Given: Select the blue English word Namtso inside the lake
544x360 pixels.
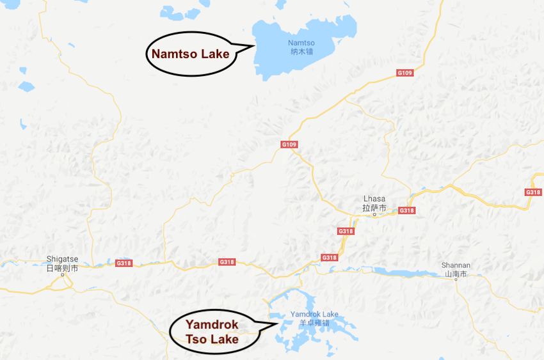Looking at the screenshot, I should pos(296,43).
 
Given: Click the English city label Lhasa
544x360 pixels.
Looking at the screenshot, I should pos(374,200).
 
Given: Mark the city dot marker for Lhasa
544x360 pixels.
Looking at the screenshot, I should pos(375,215).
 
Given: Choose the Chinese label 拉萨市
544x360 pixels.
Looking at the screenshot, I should pos(374,208).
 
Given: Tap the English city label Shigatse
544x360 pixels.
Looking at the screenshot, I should pos(62,259).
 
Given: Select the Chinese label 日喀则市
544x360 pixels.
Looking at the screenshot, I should pos(62,268).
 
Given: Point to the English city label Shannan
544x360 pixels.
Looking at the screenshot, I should pos(456,265).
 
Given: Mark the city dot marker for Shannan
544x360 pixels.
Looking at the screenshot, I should pos(456,280).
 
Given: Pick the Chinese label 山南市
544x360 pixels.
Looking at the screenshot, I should pos(456,274).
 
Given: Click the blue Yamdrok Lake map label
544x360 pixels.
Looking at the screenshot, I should pos(314,314).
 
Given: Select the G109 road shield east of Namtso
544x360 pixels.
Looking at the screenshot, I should pos(405,73).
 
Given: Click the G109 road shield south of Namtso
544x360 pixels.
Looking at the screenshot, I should pos(289,145).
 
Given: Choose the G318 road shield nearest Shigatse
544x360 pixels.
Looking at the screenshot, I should pos(124,262).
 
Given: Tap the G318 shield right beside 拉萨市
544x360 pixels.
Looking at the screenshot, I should pos(406,210).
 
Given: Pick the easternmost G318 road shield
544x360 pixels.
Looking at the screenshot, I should pos(532,192).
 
